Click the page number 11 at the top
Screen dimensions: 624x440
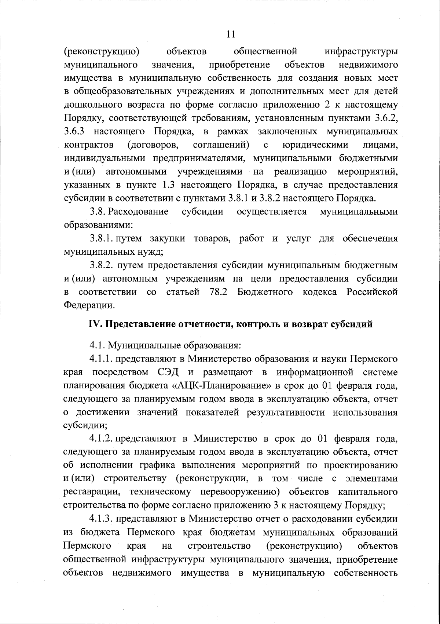(230, 34)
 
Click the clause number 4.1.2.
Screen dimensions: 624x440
(103, 439)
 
